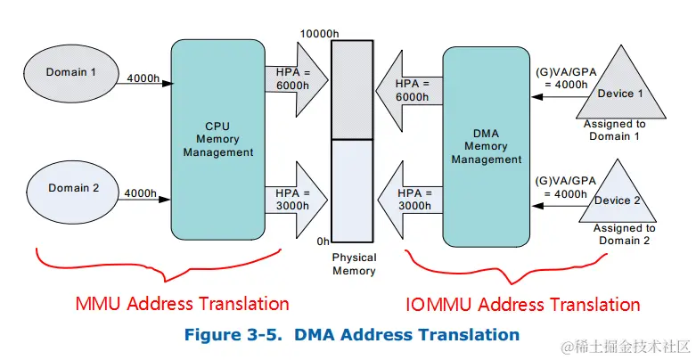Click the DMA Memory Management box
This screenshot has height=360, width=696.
click(x=486, y=146)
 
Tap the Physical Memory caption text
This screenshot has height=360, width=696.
click(x=354, y=265)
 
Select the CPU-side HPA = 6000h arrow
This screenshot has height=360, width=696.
click(x=291, y=78)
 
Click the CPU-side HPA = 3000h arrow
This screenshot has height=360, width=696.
click(x=291, y=198)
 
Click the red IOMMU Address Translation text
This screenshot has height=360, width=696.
click(x=522, y=305)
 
